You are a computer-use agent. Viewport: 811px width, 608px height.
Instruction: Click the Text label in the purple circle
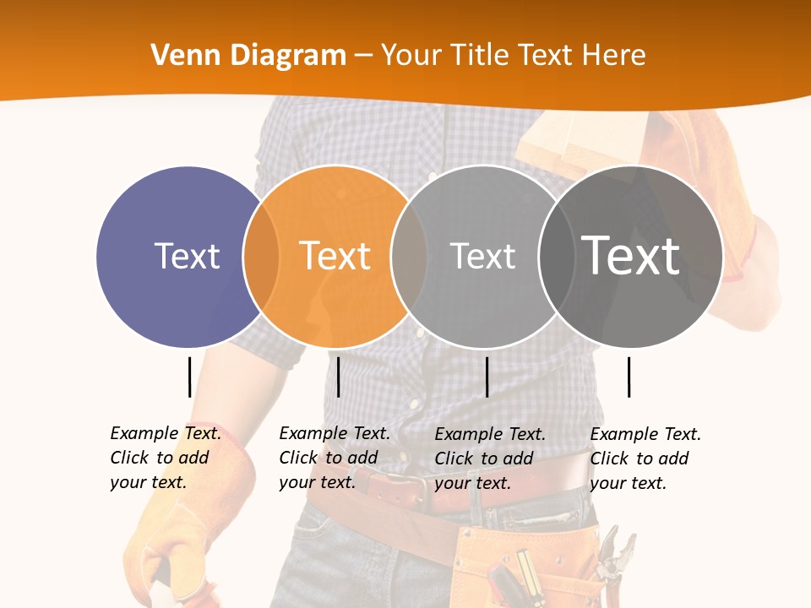click(x=187, y=256)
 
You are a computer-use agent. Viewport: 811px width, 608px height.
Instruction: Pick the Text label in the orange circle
click(x=335, y=256)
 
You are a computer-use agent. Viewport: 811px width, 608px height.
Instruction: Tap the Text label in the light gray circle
click(x=482, y=256)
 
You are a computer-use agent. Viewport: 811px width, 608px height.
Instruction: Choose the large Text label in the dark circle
click(x=630, y=255)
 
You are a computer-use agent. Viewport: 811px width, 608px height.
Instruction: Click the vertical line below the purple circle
click(x=189, y=377)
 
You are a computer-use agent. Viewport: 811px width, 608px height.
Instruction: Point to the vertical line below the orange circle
click(x=338, y=377)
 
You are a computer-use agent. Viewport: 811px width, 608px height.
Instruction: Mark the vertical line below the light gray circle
click(x=487, y=377)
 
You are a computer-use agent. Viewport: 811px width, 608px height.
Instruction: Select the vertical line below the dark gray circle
click(x=629, y=377)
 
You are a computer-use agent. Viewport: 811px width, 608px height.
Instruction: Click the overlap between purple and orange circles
click(x=261, y=256)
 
